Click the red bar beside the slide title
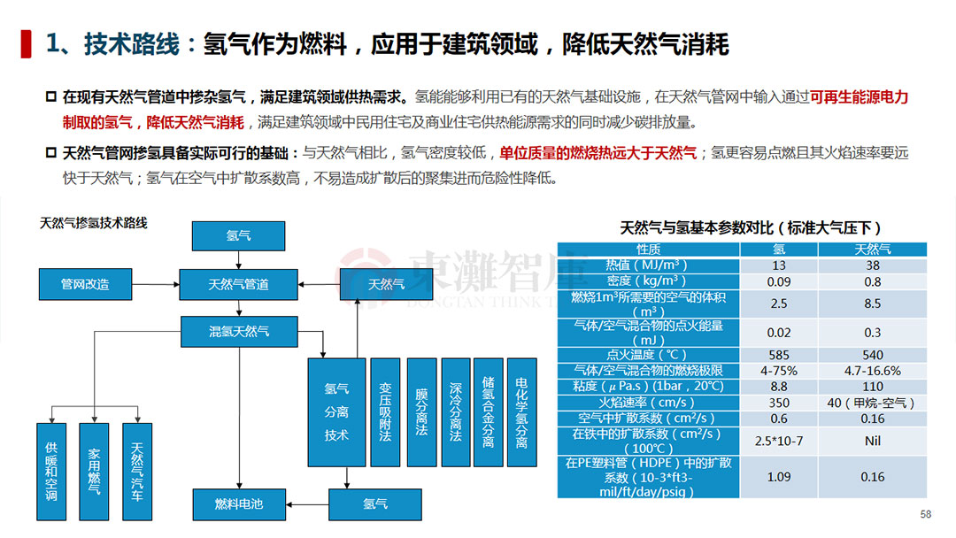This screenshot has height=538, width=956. (26, 44)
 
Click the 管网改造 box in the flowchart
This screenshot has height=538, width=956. (85, 284)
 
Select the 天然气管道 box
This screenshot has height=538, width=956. (238, 284)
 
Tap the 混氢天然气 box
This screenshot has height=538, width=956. (239, 332)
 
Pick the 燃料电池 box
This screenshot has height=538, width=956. (239, 503)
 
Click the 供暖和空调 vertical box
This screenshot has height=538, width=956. (51, 472)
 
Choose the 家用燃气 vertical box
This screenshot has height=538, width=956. (94, 472)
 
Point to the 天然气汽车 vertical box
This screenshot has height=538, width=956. (137, 472)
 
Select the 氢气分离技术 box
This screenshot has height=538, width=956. (336, 412)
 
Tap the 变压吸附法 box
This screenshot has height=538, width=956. (385, 412)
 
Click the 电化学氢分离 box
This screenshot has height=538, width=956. (522, 412)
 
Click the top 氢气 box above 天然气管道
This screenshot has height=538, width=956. (238, 235)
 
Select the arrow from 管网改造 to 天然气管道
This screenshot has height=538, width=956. (156, 284)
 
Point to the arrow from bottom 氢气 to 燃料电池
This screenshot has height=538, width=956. (307, 504)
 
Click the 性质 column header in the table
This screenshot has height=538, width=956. (648, 250)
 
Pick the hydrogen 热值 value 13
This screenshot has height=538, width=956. (779, 265)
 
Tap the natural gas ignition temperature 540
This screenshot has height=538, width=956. (873, 355)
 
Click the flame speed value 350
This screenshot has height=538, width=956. (779, 403)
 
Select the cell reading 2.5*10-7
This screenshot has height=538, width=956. (779, 441)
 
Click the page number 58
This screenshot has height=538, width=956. (926, 514)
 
